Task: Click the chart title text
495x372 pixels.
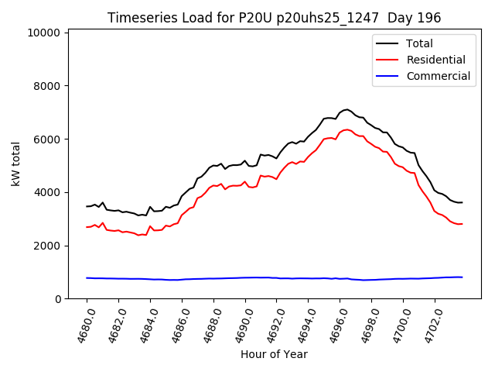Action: [x=275, y=18]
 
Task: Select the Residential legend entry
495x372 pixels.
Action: [x=436, y=60]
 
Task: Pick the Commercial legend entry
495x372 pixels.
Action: [x=439, y=76]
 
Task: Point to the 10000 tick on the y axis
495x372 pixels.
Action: [x=44, y=33]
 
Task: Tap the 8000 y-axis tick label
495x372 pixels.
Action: [x=47, y=86]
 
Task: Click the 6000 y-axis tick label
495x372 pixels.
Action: [x=47, y=139]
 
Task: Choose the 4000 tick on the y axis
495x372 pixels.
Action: [x=47, y=192]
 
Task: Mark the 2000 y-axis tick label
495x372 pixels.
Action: [x=47, y=246]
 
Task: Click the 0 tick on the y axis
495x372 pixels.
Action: [x=57, y=299]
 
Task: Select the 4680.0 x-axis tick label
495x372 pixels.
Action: [x=80, y=324]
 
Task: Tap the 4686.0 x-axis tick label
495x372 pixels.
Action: [x=176, y=324]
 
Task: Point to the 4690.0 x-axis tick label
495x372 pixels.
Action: [x=239, y=324]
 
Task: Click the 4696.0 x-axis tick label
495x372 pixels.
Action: [x=334, y=324]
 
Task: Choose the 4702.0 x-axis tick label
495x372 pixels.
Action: [x=428, y=324]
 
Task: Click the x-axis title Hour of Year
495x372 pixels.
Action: [x=274, y=354]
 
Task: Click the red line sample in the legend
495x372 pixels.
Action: [x=387, y=60]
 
